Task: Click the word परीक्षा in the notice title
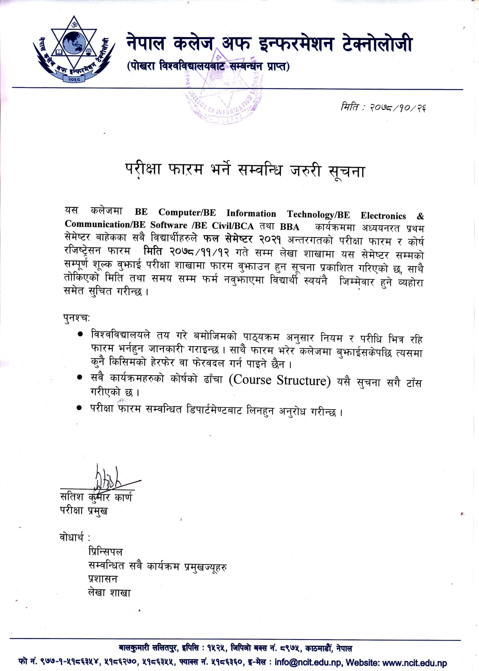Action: [x=143, y=169]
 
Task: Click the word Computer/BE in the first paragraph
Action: [x=187, y=212]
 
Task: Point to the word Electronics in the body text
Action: [x=383, y=216]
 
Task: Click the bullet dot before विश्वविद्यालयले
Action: [x=80, y=334]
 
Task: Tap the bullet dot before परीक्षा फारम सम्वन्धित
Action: [x=79, y=408]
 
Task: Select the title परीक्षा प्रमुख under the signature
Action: [x=84, y=510]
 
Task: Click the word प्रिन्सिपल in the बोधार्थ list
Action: [x=105, y=552]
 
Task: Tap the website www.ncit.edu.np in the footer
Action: [x=414, y=663]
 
